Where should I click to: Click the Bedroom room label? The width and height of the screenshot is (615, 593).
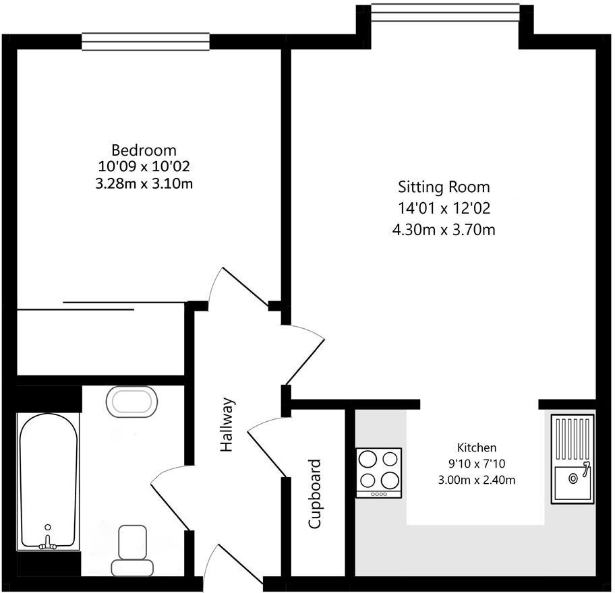coord(144,150)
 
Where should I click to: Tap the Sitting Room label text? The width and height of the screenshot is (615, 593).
coord(444,187)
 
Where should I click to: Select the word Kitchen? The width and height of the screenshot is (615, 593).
coord(477,447)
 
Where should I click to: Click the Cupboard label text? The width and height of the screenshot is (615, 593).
coord(314,494)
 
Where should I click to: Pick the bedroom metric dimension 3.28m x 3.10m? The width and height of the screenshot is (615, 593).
coord(144,183)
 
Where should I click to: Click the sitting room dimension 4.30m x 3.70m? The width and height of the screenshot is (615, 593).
coord(444,230)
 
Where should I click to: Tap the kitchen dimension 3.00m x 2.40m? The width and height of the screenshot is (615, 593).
coord(477,480)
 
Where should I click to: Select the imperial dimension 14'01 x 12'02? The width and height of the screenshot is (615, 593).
coord(444,208)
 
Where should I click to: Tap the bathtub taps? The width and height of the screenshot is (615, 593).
coord(47,539)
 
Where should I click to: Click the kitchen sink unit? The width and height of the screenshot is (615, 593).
coord(573,459)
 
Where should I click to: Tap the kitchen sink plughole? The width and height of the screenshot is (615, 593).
coord(573,478)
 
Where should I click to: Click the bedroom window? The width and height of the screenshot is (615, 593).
coord(146,41)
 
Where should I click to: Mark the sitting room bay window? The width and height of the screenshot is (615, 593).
coord(445,11)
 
